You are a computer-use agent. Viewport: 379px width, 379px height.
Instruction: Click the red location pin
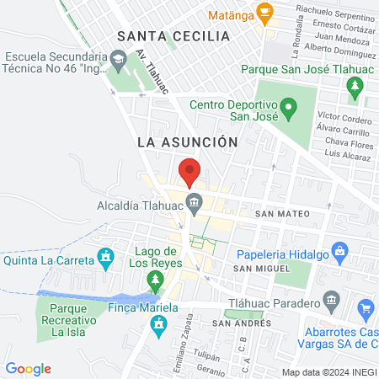[189, 172]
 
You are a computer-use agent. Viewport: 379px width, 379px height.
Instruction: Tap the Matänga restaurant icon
[266, 13]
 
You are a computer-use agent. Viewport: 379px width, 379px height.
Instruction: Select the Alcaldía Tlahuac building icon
[195, 202]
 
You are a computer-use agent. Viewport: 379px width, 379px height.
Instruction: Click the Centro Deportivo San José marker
[288, 107]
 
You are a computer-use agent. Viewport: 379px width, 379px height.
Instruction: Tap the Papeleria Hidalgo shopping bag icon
[339, 250]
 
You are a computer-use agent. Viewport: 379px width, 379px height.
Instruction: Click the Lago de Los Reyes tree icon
[155, 278]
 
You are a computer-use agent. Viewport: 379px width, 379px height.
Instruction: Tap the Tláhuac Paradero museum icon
[330, 301]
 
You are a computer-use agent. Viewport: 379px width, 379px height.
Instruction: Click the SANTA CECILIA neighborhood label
[173, 36]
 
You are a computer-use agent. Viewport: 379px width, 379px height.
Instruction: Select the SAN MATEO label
[278, 214]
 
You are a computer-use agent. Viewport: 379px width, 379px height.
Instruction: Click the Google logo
[28, 368]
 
